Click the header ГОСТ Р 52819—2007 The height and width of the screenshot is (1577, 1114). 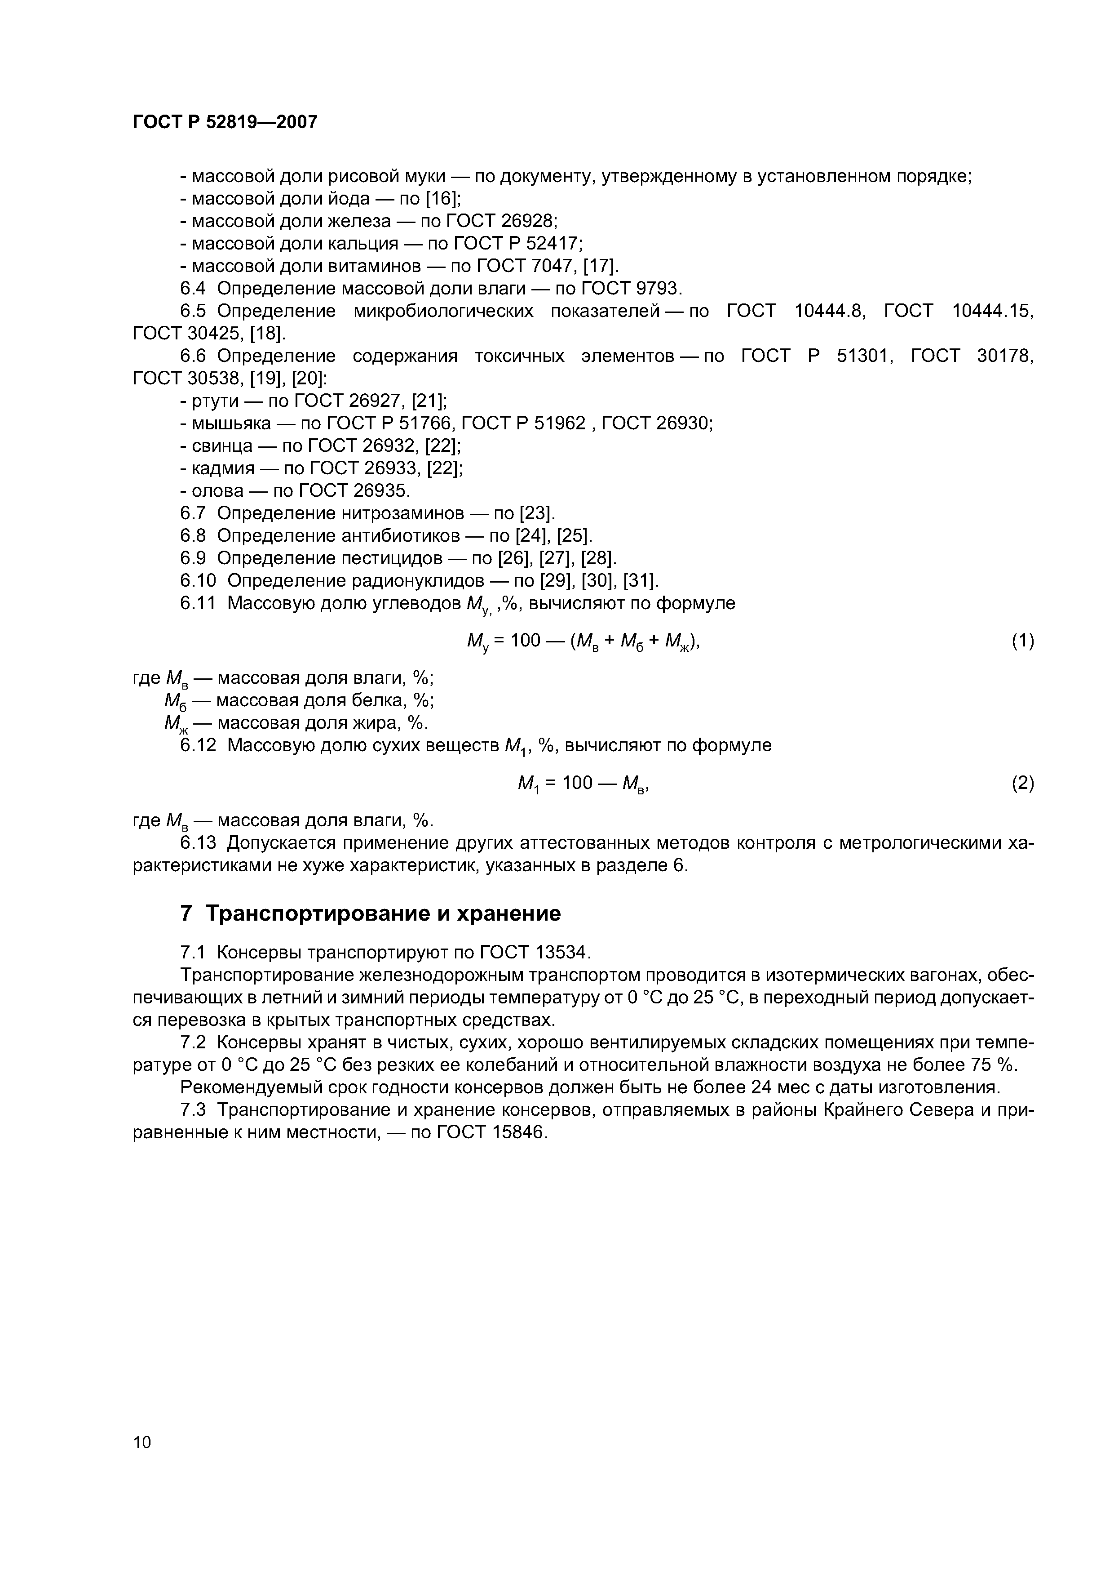(225, 122)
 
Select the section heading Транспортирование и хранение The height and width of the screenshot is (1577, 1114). (383, 913)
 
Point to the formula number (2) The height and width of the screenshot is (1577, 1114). (1022, 783)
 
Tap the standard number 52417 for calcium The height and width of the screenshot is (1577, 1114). (554, 244)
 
